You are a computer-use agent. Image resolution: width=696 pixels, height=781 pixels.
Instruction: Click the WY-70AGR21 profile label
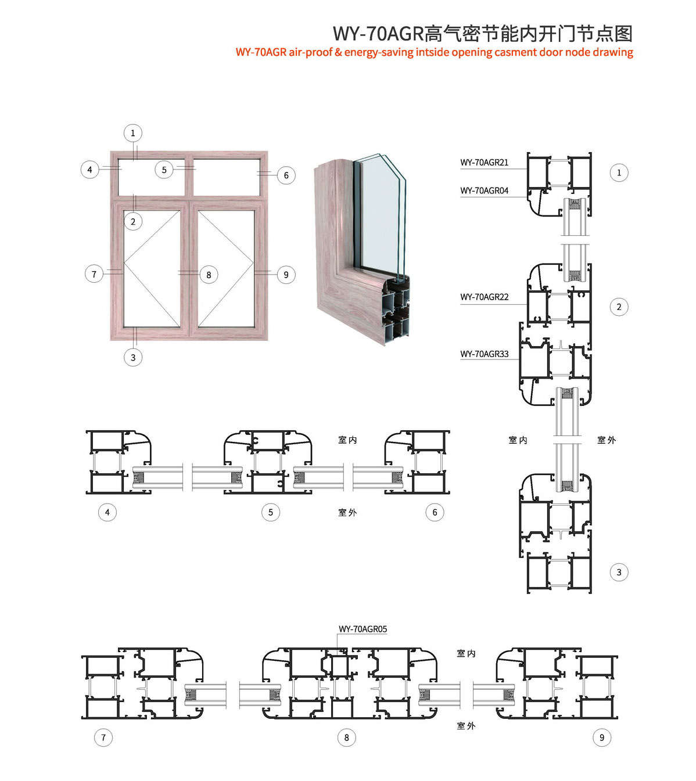(484, 162)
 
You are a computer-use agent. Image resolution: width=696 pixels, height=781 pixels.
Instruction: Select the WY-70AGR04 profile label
(484, 190)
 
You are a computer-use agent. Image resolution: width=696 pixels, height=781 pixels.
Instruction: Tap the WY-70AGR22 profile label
(484, 297)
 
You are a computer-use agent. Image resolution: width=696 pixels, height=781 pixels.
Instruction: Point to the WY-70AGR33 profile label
(484, 354)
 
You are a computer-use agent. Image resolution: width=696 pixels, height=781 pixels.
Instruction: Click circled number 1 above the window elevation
(133, 133)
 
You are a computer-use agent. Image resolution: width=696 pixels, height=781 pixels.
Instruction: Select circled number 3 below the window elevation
(133, 357)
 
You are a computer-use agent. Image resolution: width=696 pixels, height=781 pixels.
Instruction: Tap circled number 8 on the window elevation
(209, 275)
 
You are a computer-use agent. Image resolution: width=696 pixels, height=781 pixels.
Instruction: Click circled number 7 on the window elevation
(94, 274)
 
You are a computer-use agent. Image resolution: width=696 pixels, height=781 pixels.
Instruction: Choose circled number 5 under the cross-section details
(271, 512)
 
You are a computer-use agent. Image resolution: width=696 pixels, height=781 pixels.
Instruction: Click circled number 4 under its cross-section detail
(107, 512)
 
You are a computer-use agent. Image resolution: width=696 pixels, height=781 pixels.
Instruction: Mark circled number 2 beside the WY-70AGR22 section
(619, 307)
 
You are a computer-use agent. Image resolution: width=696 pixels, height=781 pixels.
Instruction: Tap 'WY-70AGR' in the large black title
(378, 33)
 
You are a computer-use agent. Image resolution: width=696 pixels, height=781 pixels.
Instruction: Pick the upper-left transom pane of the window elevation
(152, 177)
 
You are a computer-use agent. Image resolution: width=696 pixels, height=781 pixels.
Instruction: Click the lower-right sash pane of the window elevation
(226, 268)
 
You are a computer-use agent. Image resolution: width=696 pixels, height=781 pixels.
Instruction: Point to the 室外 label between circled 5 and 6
(347, 512)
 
